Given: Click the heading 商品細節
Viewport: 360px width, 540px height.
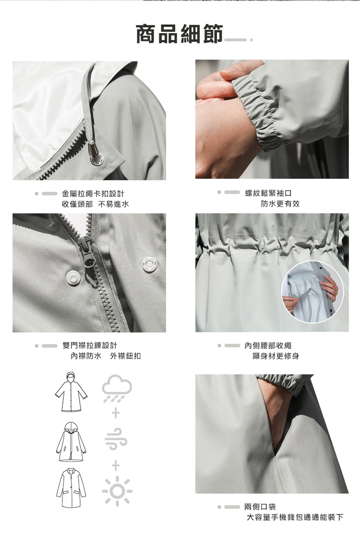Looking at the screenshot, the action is click(180, 34).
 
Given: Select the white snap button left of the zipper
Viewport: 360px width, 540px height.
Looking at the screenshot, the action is click(73, 278).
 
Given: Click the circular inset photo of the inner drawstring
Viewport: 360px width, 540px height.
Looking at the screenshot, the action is click(312, 292).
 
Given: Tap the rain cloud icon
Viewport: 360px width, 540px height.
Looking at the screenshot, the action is click(117, 389).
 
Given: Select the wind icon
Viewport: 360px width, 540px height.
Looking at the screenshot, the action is click(116, 439).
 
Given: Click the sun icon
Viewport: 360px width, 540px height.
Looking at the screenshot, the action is click(117, 491).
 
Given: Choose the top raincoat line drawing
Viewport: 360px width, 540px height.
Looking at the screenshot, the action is click(71, 392).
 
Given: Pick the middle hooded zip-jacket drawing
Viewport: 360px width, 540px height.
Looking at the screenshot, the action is click(71, 442).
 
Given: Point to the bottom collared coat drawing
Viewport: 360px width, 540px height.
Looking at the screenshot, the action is click(71, 487).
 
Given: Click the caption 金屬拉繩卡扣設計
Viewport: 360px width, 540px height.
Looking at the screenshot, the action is click(93, 194).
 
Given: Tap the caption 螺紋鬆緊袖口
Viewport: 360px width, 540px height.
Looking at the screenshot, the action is click(268, 193).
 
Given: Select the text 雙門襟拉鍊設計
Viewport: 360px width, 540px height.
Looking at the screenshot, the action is click(90, 345).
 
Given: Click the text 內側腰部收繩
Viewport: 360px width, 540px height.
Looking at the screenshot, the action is click(268, 345).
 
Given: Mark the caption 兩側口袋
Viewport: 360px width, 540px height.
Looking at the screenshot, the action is click(260, 506).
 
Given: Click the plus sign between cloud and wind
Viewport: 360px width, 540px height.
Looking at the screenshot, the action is click(116, 413).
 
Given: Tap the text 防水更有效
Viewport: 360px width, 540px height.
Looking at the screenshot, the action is click(280, 204).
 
